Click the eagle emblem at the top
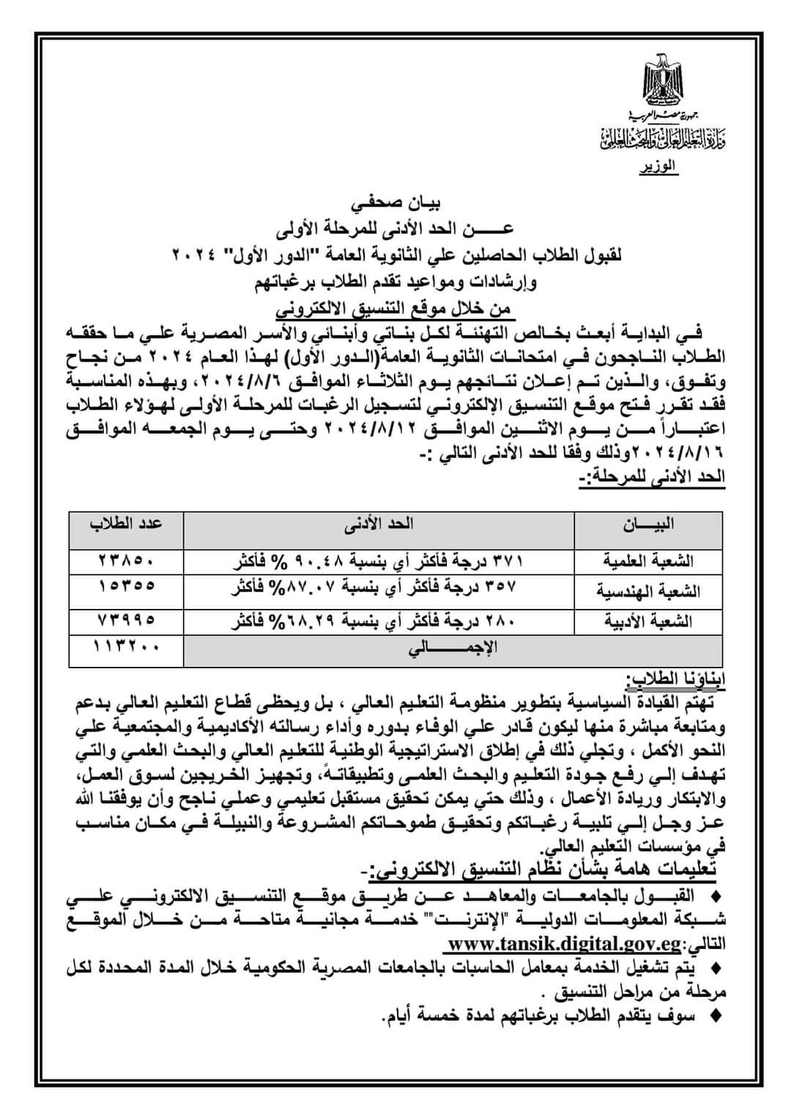(x=664, y=81)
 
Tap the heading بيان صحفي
(x=395, y=202)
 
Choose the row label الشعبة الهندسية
(x=647, y=591)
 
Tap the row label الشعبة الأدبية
(x=647, y=621)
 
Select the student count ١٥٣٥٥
(x=126, y=586)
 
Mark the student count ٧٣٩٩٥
(x=126, y=620)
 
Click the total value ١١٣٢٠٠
(x=126, y=649)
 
